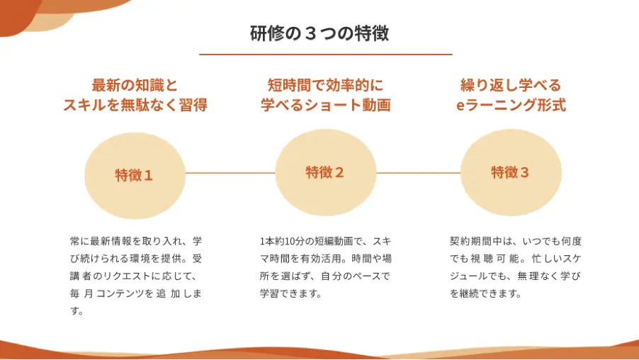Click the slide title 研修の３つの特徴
point(319,33)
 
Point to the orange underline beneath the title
point(326,55)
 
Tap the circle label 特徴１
point(134,175)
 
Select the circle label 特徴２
point(324,172)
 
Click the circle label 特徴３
point(510,172)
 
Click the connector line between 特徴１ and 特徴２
point(230,173)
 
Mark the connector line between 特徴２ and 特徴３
point(418,173)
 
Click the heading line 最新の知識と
point(135,85)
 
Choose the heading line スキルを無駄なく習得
point(135,105)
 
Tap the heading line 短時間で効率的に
point(326,85)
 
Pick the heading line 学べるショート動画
point(326,105)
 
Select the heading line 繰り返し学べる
point(511,85)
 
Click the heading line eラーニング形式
point(511,105)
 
